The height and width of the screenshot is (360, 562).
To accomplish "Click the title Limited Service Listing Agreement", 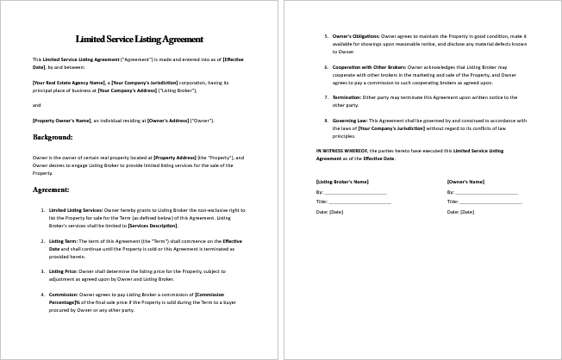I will (x=140, y=39).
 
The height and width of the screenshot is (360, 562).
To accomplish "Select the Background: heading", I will (x=53, y=137).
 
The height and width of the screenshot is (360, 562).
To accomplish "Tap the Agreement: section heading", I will (x=51, y=189).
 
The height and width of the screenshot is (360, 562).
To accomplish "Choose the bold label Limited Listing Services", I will (x=75, y=209).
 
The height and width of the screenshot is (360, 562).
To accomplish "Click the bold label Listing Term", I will (x=64, y=240).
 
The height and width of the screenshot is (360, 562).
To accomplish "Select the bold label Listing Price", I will (x=65, y=271).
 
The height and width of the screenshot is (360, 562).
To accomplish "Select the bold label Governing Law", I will (x=350, y=121).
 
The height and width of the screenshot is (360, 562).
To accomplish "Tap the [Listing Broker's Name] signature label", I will (x=342, y=182).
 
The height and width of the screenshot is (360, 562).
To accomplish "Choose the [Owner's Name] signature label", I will (x=465, y=182).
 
